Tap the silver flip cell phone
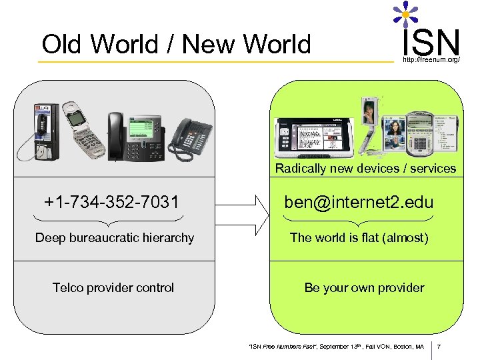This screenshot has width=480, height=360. (83, 130)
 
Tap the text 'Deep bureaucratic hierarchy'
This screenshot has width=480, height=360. (115, 238)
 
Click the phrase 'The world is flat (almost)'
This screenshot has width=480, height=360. (359, 238)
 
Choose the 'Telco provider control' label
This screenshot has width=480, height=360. (113, 288)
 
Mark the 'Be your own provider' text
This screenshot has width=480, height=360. (364, 288)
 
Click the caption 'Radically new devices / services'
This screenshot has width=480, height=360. (365, 169)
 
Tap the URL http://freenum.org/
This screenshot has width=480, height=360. (431, 61)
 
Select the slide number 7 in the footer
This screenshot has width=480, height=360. (447, 347)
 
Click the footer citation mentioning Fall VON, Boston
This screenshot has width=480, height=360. (336, 347)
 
